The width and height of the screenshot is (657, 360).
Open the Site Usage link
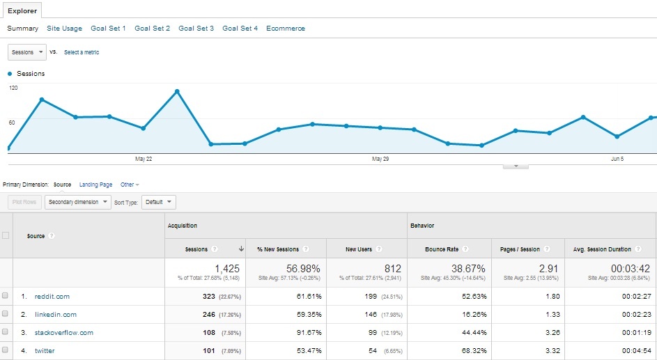pos(64,29)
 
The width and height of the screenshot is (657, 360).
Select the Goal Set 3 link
pos(196,29)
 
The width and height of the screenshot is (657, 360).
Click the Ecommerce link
pos(285,29)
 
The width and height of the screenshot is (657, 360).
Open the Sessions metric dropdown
pos(27,52)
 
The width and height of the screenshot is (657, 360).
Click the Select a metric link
pos(82,52)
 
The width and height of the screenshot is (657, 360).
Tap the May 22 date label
pos(144,159)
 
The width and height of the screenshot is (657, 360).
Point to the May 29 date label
pos(380,159)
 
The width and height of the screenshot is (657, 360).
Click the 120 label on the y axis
pos(13,88)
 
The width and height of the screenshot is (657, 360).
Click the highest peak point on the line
pos(177,91)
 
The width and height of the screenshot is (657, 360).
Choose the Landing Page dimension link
pos(95,185)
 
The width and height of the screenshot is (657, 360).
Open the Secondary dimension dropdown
pos(77,202)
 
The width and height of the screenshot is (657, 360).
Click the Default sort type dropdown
pos(158,202)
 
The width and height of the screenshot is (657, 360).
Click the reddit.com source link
pos(52,297)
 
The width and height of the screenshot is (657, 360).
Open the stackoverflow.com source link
pos(63,333)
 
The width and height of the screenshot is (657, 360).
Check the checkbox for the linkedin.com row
pos(6,314)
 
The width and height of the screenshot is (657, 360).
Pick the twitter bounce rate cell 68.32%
pos(472,351)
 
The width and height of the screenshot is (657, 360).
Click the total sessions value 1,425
pos(227,268)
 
